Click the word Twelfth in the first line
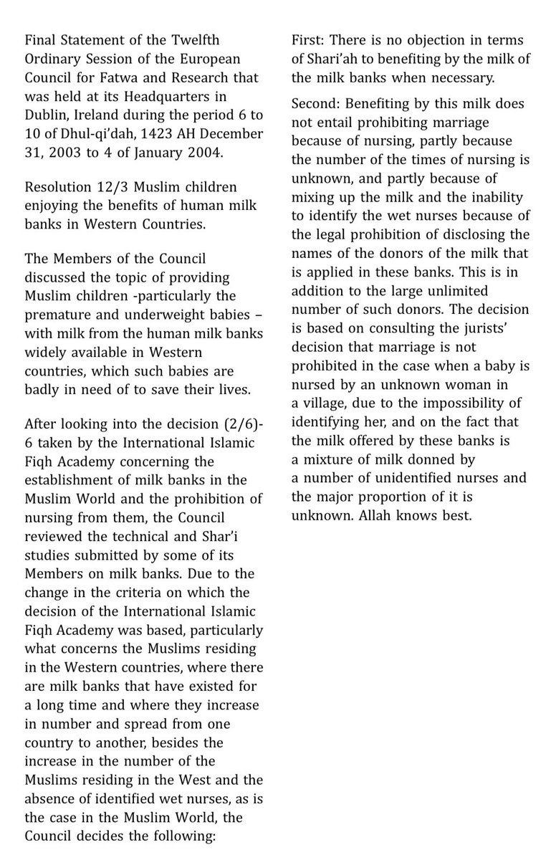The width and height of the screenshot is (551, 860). tap(225, 40)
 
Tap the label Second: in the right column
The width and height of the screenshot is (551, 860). tap(320, 105)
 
